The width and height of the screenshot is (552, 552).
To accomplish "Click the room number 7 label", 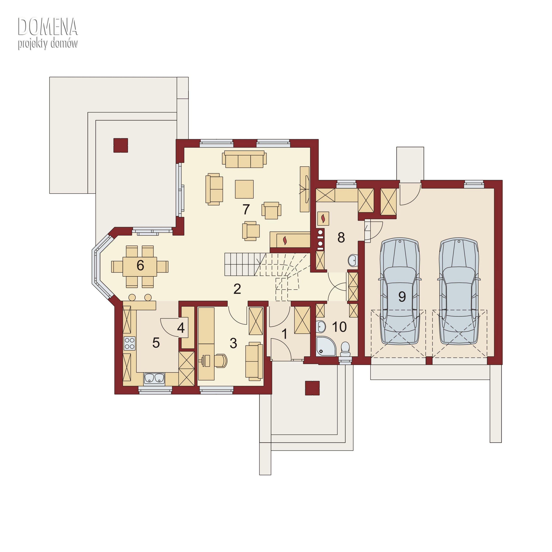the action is pyautogui.click(x=246, y=209).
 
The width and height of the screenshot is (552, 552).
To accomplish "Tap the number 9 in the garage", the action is pyautogui.click(x=402, y=297).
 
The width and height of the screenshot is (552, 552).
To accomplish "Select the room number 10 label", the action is pyautogui.click(x=339, y=327).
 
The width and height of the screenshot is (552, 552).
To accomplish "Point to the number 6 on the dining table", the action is pyautogui.click(x=140, y=266).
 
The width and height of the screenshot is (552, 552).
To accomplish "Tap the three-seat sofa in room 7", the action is pyautogui.click(x=244, y=159).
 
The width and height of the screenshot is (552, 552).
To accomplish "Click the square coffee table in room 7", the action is pyautogui.click(x=244, y=189).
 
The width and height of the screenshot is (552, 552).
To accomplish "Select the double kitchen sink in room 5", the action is pyautogui.click(x=154, y=378).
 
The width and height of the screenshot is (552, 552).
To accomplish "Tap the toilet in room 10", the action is pyautogui.click(x=345, y=349).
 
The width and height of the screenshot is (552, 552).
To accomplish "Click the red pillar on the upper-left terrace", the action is pyautogui.click(x=121, y=145).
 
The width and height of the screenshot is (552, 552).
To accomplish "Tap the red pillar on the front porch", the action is pyautogui.click(x=312, y=388).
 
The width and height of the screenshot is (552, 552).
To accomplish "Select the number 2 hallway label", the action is pyautogui.click(x=237, y=289).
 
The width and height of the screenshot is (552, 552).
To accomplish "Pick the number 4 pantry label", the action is pyautogui.click(x=181, y=328).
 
